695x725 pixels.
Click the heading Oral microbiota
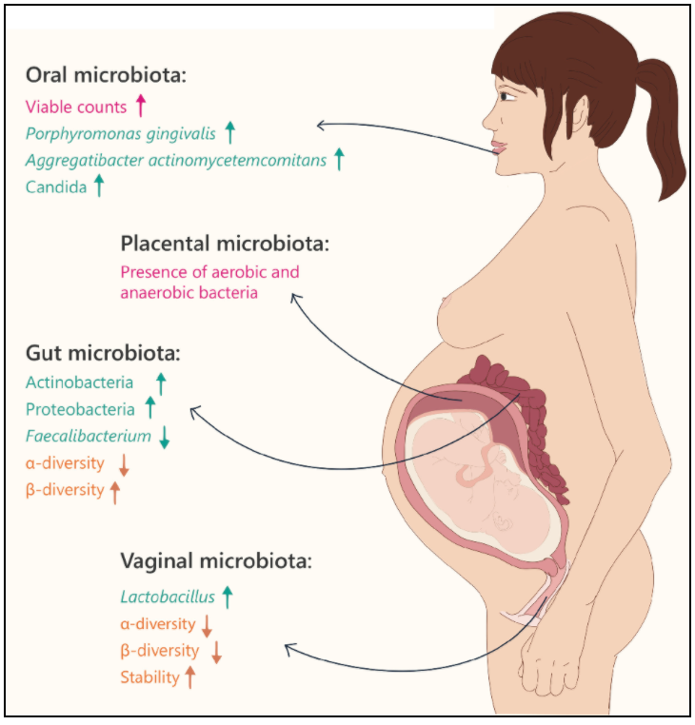click(106, 75)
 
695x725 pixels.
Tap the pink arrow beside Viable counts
click(141, 105)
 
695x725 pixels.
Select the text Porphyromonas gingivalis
click(121, 134)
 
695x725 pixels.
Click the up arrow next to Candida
click(99, 186)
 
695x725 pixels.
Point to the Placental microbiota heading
click(225, 244)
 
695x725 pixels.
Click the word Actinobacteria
click(80, 382)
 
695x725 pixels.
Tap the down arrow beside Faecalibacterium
click(165, 437)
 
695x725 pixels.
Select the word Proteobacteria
click(80, 410)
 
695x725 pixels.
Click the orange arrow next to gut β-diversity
click(115, 493)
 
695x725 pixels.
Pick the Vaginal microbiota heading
click(216, 561)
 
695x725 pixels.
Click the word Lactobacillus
click(168, 597)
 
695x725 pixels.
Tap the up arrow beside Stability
click(190, 677)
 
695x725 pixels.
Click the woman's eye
click(506, 96)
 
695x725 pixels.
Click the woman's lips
click(499, 148)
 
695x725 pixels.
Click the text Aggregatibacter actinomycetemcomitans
click(176, 161)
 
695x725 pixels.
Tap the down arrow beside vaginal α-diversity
click(207, 626)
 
